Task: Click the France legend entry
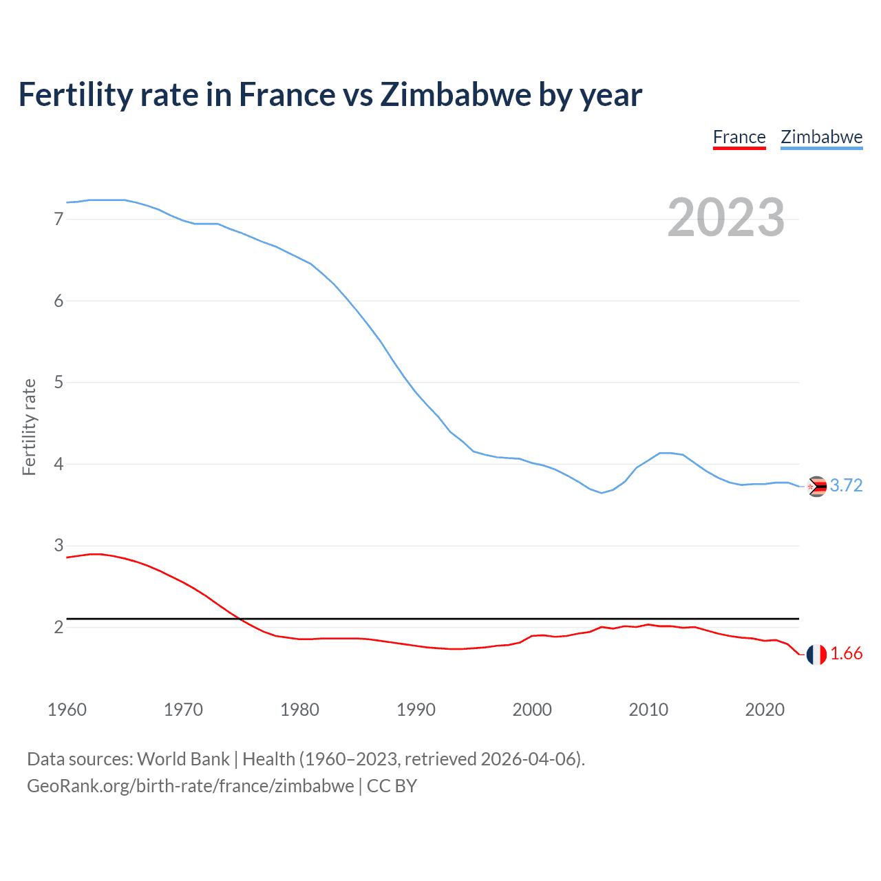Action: pyautogui.click(x=739, y=137)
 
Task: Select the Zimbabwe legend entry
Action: pyautogui.click(x=821, y=137)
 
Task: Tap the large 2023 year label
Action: pyautogui.click(x=726, y=217)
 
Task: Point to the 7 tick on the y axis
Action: pyautogui.click(x=59, y=220)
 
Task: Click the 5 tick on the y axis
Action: pyautogui.click(x=59, y=383)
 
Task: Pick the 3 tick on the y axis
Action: pyautogui.click(x=59, y=546)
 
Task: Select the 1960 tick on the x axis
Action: pyautogui.click(x=67, y=710)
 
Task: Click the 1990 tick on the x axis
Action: pyautogui.click(x=416, y=710)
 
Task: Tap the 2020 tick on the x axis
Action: pyautogui.click(x=765, y=710)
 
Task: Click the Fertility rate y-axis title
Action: pyautogui.click(x=29, y=427)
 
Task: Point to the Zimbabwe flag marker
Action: pyautogui.click(x=816, y=487)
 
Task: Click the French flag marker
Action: pyautogui.click(x=816, y=655)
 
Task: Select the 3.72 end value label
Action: pyautogui.click(x=846, y=486)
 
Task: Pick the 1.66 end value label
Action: pyautogui.click(x=846, y=654)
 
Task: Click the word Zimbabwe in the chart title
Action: pyautogui.click(x=456, y=95)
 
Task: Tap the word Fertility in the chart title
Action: pyautogui.click(x=75, y=95)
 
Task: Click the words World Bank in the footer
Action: pyautogui.click(x=183, y=759)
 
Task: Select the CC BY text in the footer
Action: pyautogui.click(x=392, y=786)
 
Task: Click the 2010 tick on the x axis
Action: pyautogui.click(x=648, y=710)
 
